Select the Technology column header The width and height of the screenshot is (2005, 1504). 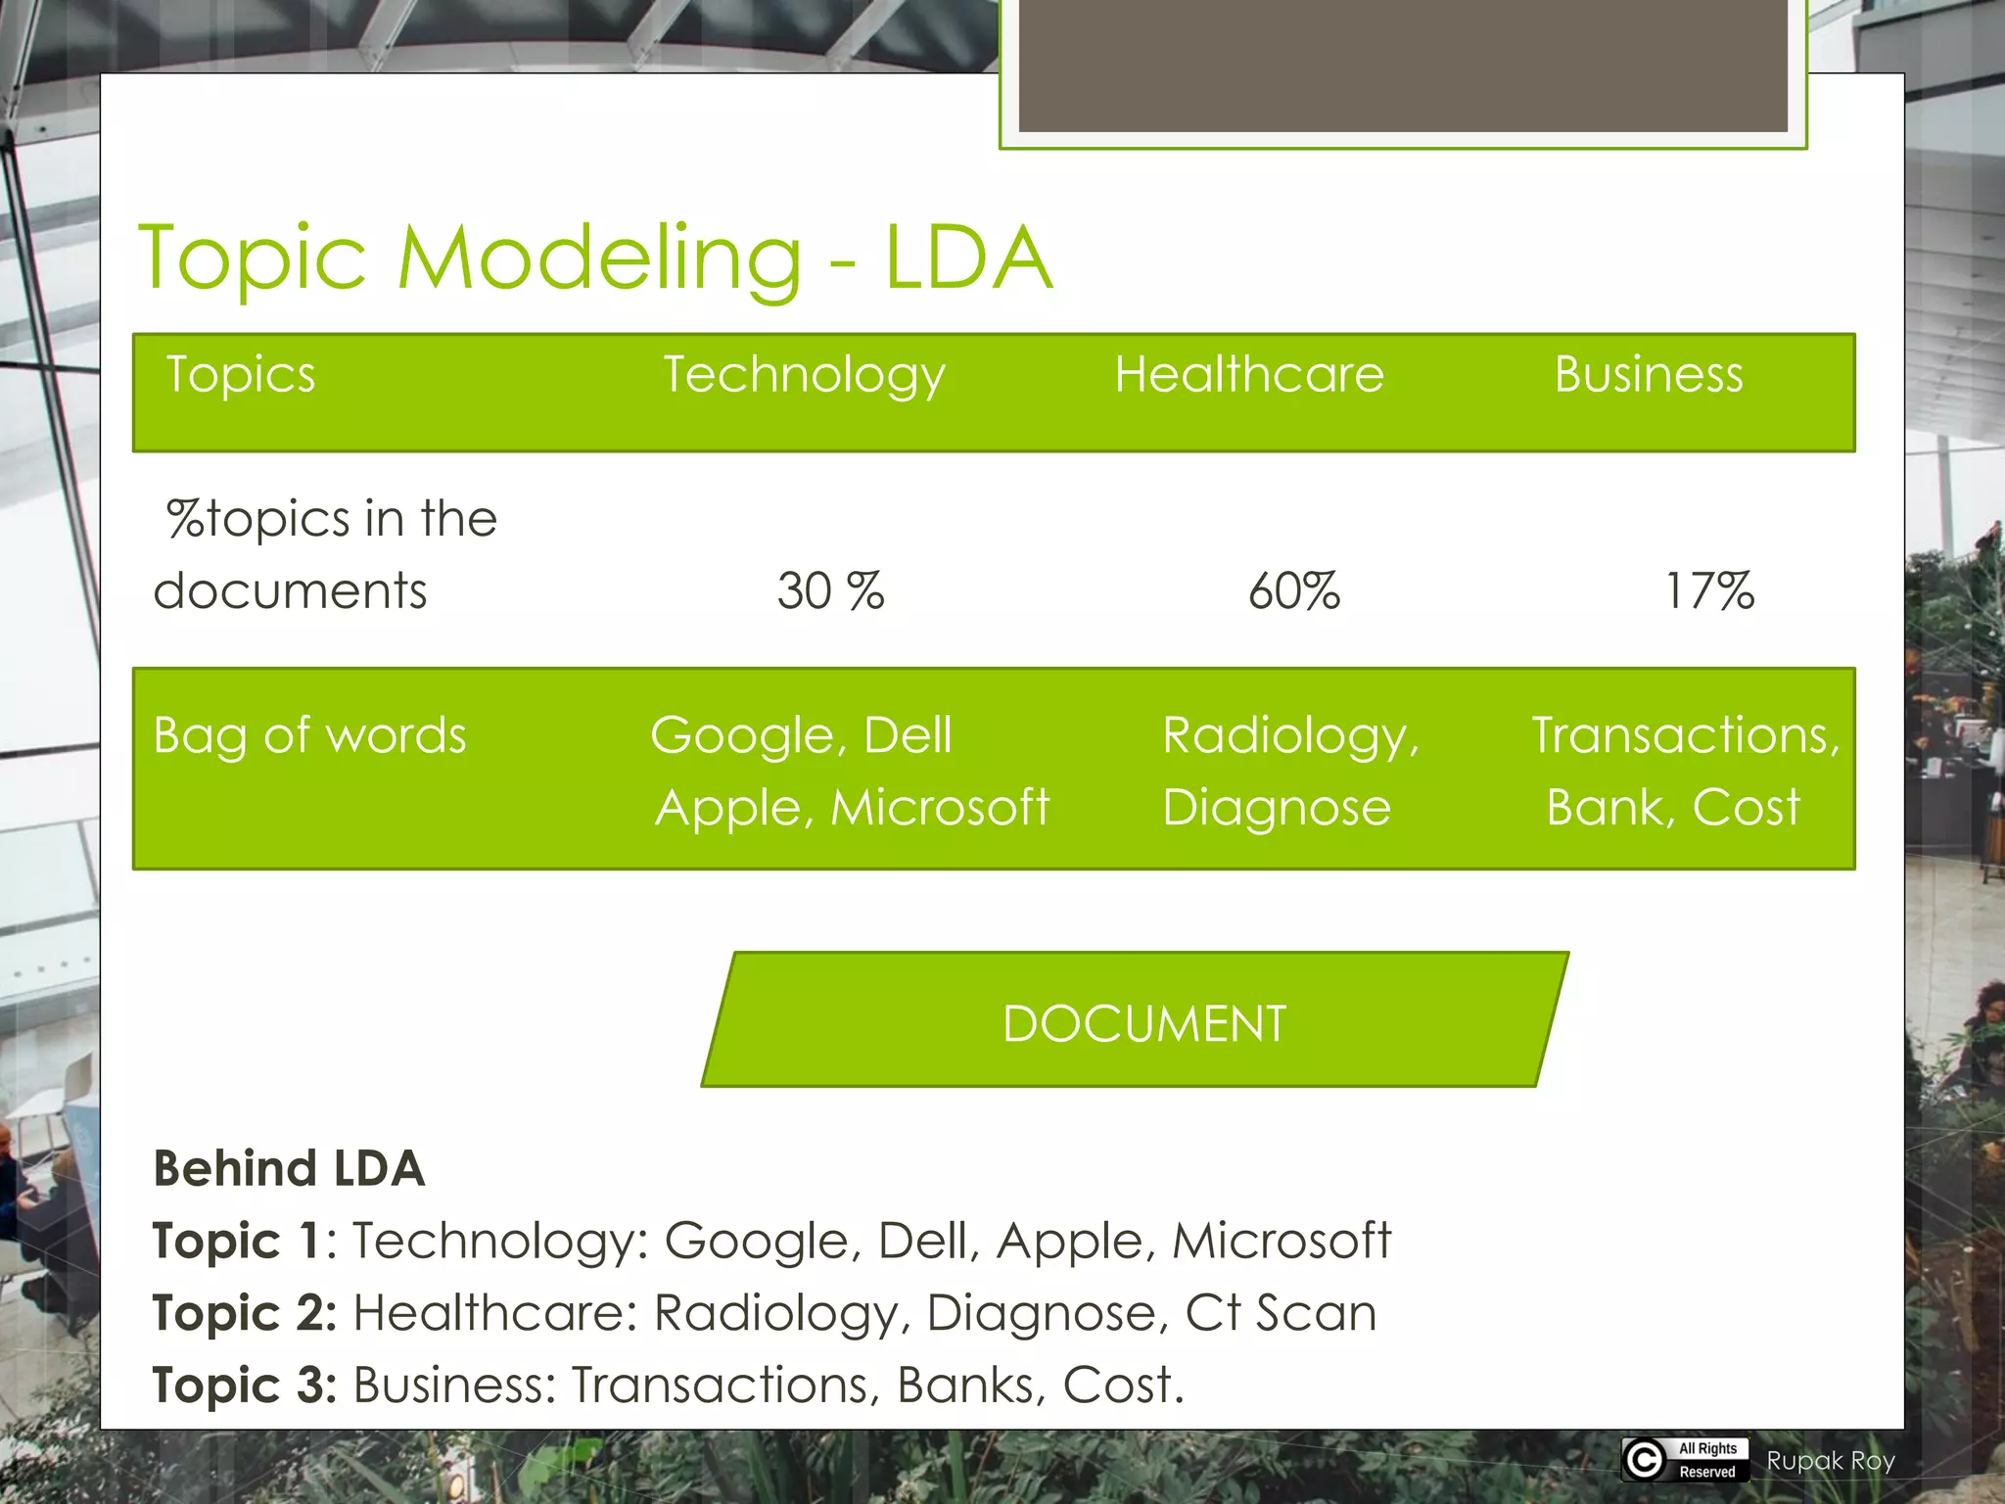click(x=804, y=375)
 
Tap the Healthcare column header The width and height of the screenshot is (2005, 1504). click(x=1248, y=375)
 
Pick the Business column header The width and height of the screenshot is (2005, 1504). click(x=1649, y=375)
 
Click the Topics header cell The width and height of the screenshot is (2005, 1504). click(x=241, y=375)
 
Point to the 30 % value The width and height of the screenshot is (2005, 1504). click(x=830, y=591)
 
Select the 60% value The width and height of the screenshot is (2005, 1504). click(x=1293, y=591)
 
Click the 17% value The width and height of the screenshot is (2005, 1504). click(x=1709, y=591)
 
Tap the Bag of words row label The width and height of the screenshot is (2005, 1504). click(x=309, y=735)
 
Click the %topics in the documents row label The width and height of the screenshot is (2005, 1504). click(x=325, y=554)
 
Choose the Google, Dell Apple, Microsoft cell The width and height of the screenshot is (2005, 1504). click(x=850, y=771)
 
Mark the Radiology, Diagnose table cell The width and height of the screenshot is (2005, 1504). click(x=1289, y=771)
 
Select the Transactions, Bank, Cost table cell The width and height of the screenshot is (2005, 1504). click(x=1684, y=771)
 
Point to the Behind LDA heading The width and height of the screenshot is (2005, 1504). click(x=289, y=1168)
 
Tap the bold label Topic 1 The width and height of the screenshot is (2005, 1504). click(x=236, y=1241)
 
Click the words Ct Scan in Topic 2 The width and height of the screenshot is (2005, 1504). click(x=1280, y=1313)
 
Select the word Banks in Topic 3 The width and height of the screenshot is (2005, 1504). click(x=964, y=1386)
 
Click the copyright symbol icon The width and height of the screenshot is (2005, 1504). click(x=1645, y=1459)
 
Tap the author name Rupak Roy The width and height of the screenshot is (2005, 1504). click(x=1830, y=1461)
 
